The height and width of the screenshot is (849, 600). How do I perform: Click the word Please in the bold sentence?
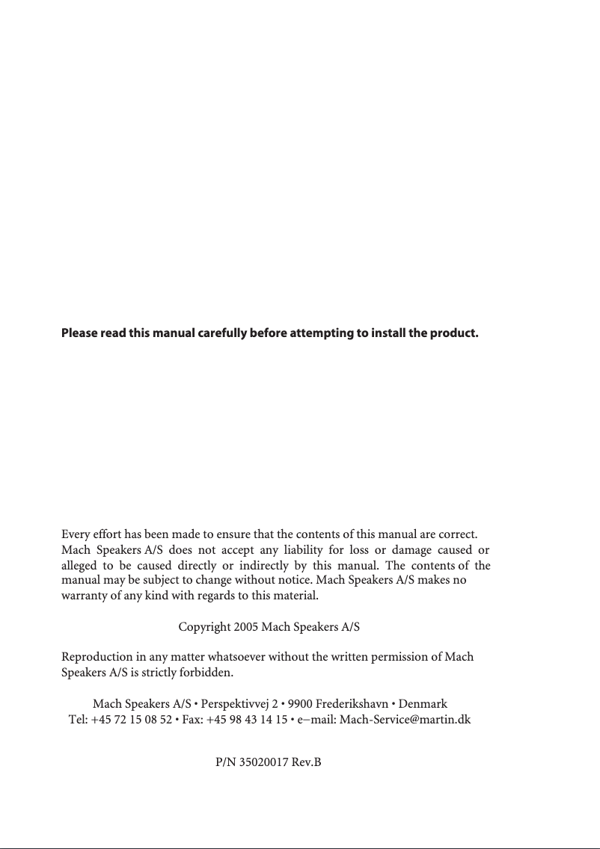[x=79, y=332]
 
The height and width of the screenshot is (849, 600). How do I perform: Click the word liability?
[x=296, y=551]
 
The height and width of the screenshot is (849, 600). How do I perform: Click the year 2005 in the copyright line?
[x=245, y=627]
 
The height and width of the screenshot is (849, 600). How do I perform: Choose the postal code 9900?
[x=301, y=704]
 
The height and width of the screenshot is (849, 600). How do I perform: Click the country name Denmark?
[x=423, y=704]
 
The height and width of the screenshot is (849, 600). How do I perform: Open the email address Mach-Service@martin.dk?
[x=405, y=720]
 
